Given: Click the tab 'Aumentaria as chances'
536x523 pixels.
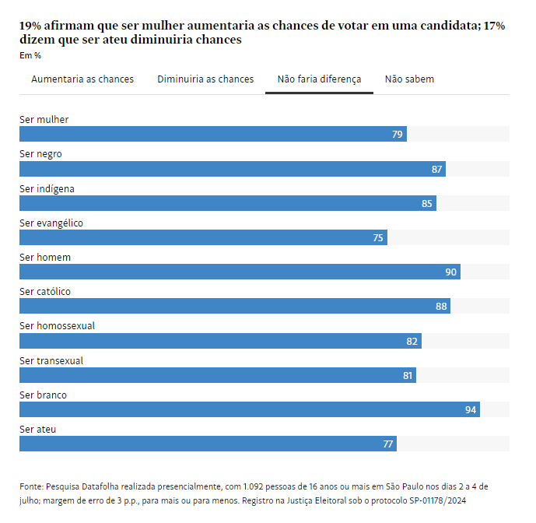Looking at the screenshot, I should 82,79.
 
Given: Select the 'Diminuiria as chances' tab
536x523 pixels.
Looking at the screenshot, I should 205,79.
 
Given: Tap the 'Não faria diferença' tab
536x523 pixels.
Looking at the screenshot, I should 319,79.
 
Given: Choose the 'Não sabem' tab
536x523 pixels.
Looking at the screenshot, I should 409,79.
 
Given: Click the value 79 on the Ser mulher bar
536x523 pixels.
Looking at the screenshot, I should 398,135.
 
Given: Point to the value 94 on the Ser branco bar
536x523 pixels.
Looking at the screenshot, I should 471,409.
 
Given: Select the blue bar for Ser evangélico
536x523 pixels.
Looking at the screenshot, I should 202,237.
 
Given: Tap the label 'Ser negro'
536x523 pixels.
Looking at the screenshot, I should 40,154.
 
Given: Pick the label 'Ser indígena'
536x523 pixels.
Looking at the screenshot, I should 47,188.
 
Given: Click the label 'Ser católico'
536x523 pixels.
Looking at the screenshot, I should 45,292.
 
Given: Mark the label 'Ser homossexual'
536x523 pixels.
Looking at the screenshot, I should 57,326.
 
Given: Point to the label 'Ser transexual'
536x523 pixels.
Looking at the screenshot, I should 51,360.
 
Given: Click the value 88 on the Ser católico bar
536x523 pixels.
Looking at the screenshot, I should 441,307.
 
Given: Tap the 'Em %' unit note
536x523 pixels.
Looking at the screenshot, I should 30,55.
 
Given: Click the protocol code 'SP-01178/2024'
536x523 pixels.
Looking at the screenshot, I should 437,501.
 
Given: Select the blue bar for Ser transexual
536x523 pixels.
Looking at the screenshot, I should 217,375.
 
